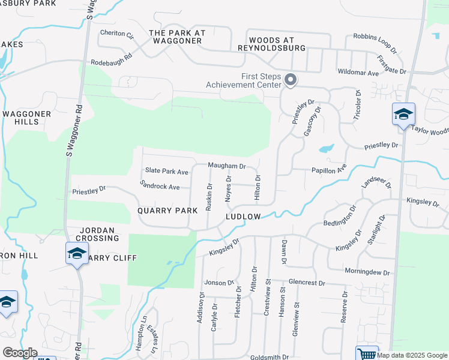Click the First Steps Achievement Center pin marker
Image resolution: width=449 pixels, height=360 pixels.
point(291,80)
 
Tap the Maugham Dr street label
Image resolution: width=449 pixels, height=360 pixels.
point(227,166)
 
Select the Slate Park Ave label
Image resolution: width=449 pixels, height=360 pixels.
point(166,172)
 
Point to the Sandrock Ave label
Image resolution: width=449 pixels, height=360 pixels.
point(160,187)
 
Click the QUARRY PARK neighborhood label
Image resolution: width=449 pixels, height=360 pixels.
point(167,211)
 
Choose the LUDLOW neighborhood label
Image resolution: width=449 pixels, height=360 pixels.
point(243,216)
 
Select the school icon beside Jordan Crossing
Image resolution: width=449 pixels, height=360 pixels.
point(77,254)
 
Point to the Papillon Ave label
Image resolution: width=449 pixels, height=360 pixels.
point(329,170)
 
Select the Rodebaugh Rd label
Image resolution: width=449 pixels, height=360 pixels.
point(111,62)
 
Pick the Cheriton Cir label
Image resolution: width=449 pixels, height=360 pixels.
point(116,34)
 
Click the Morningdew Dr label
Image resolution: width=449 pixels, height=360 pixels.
point(367,272)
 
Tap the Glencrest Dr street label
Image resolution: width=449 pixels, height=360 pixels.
point(306,283)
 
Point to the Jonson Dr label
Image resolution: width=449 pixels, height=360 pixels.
point(218,283)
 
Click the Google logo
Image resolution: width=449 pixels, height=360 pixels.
point(20,353)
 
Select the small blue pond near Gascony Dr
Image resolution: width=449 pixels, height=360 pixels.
point(327,148)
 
